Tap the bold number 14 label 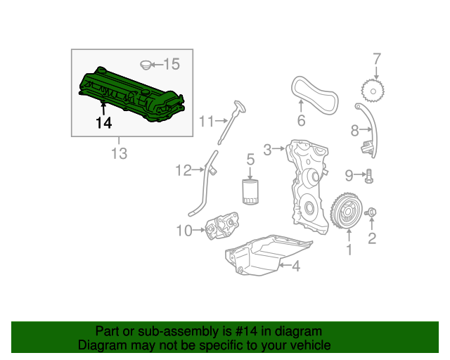103,123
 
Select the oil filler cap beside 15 146,65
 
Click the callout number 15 171,65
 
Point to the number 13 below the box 119,153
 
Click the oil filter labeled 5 250,191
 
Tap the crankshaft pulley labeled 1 345,213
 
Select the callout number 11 205,121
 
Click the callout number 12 184,169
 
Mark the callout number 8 355,129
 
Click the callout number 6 301,120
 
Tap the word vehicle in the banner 309,345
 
